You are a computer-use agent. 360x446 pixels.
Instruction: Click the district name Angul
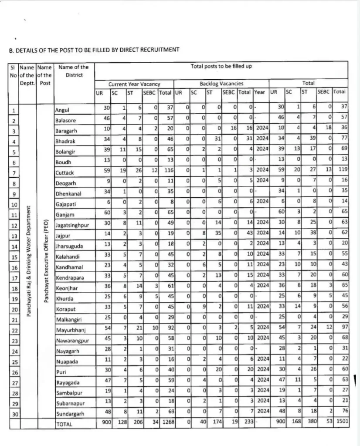pos(62,111)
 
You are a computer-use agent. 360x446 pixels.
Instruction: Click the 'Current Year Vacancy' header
pos(134,84)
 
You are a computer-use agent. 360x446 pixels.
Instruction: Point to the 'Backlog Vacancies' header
pos(221,83)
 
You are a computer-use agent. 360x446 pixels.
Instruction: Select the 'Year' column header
pos(260,92)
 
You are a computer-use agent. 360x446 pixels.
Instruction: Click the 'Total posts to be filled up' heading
pos(221,67)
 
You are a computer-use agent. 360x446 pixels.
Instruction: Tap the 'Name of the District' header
pos(73,71)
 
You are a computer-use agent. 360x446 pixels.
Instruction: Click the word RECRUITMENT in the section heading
pos(158,50)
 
